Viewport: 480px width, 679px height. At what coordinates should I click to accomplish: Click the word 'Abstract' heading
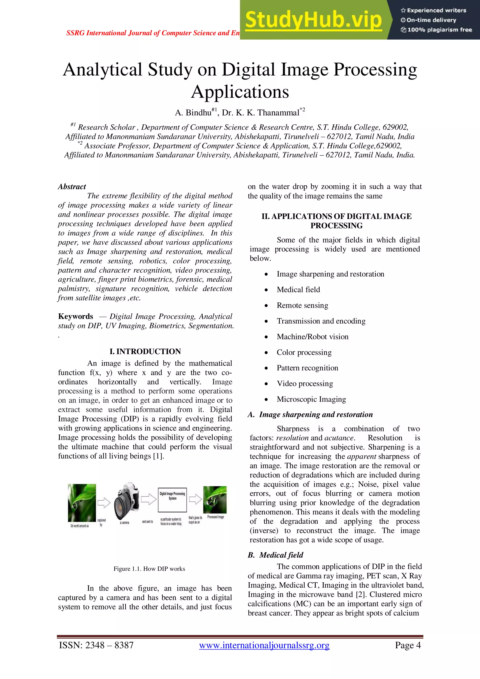coord(72,187)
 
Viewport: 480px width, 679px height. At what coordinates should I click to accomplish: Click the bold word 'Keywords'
coord(76,316)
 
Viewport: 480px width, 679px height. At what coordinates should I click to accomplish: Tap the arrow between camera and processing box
coord(148,499)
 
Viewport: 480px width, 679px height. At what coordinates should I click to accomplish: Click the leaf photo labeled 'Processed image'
coord(215,499)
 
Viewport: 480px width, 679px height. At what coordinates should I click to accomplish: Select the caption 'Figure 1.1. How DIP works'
coord(149,569)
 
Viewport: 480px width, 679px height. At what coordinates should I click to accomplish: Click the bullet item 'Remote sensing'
coord(302,305)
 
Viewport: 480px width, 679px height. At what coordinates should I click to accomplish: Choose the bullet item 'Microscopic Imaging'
coord(311,399)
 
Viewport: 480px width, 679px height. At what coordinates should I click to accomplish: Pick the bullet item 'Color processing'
coord(304,352)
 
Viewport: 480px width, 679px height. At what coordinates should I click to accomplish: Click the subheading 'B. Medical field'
coord(276,555)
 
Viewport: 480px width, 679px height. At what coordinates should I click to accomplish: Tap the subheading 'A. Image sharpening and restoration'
coord(310,415)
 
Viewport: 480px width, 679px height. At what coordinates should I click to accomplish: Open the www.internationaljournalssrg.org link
coord(264,645)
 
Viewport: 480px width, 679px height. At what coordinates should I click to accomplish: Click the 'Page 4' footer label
coord(408,645)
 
